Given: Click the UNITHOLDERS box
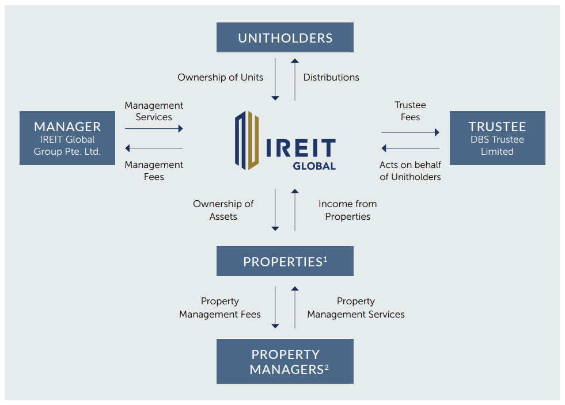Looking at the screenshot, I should coord(285,38).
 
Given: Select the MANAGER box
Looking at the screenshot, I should coord(67,138).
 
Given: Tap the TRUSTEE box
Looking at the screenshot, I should coord(497,138).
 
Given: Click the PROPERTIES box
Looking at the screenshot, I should coord(285,262).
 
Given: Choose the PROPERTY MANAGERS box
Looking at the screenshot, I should coord(285,361).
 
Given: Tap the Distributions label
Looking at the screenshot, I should coord(331,77).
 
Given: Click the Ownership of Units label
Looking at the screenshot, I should coord(220,77).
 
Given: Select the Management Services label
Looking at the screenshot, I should coord(154,111).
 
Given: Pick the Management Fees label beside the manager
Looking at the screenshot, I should coord(154,171).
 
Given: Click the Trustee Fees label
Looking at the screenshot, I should coord(410,111).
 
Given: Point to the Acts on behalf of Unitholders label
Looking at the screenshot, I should coord(410,171).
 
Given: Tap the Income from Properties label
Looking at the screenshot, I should coord(347,210).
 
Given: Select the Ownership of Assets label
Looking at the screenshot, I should coord(223,210).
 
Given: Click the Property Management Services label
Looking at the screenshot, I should coord(355,308).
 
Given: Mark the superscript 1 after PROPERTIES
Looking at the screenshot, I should coord(325,259).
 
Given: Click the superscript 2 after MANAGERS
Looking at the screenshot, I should coord(327,366).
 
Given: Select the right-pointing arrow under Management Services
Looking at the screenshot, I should coord(154,129).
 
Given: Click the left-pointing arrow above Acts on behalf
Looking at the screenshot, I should coord(410,148).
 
